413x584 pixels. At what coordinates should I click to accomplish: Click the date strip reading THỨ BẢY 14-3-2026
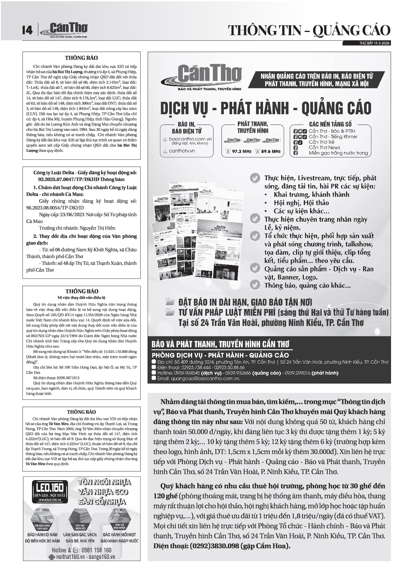tap(374, 43)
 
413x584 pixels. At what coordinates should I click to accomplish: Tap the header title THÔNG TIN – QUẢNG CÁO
tap(309, 30)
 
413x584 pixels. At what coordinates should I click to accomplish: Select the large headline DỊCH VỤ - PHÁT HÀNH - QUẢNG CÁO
tap(265, 108)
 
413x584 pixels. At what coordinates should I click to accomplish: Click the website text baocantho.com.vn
tap(191, 139)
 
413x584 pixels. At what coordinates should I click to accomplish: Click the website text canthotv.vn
tap(182, 151)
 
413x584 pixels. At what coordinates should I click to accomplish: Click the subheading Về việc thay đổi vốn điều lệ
tap(82, 297)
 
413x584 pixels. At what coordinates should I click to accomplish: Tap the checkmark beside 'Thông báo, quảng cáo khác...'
tap(255, 285)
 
